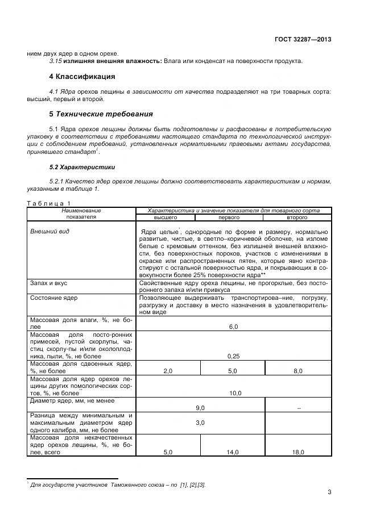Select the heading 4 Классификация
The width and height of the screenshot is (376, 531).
pos(82,76)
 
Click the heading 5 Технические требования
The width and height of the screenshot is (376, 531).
pos(93,114)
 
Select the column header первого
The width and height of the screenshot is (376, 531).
pos(233,217)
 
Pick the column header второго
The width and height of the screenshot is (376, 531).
pos(298,217)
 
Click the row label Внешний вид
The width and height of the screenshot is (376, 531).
pos(49,232)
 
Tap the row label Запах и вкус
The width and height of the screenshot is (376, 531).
pos(51,282)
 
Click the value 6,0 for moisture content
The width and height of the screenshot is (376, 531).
pos(233,327)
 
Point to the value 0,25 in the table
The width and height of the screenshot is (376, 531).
pos(233,356)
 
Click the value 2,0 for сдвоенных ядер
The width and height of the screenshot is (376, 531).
pos(168,371)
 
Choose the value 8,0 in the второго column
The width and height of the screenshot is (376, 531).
pos(298,371)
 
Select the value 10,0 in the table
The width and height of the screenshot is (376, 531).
pos(234,393)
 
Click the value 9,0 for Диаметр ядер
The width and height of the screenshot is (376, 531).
pos(200,408)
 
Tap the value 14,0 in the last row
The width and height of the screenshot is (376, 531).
pos(233,452)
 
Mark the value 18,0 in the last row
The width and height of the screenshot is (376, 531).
pos(298,452)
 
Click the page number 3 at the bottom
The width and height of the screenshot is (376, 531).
pos(329,492)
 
